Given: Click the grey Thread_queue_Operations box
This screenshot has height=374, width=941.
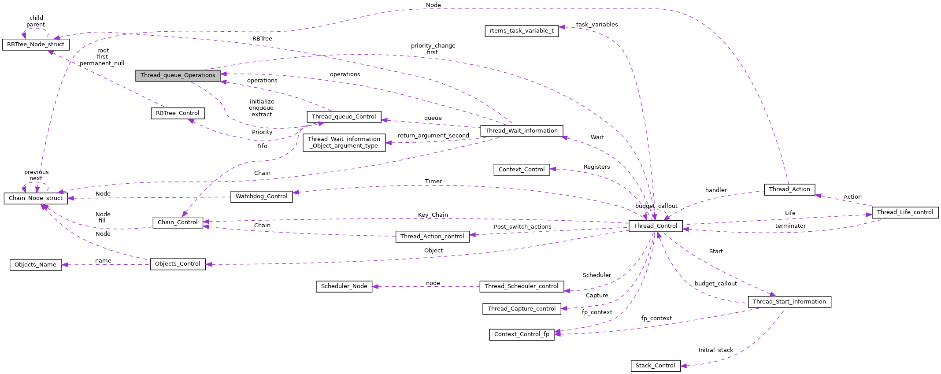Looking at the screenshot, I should click(x=178, y=75).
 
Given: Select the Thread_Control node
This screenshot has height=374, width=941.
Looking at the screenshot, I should click(x=655, y=226).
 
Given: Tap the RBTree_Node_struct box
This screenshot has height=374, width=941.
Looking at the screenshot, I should click(x=36, y=44).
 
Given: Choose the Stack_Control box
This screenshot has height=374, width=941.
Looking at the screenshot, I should click(x=655, y=366).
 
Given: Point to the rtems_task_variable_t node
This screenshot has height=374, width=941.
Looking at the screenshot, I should click(x=522, y=31).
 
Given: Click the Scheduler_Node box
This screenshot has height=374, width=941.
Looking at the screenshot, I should click(x=344, y=286).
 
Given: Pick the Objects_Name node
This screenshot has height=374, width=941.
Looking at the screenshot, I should click(x=35, y=265).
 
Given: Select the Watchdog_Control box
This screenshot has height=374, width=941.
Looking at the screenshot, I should click(x=261, y=196).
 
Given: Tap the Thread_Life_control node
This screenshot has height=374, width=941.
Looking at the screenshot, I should click(x=905, y=212).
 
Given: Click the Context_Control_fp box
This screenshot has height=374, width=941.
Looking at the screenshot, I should click(x=522, y=334).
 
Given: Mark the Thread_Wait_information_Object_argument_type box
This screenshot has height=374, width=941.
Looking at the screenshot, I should click(x=344, y=142).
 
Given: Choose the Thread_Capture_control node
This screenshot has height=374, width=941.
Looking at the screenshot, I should click(x=522, y=309).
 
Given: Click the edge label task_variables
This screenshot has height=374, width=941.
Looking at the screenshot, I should click(x=596, y=25).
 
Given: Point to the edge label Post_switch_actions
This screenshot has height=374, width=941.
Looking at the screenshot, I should click(x=522, y=227).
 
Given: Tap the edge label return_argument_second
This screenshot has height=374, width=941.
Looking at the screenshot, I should click(x=433, y=136).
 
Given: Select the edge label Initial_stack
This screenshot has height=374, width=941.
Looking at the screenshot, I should click(x=715, y=350).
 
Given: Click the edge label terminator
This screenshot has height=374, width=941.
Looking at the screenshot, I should click(x=790, y=226).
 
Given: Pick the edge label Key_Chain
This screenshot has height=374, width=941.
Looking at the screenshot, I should click(x=433, y=215).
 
